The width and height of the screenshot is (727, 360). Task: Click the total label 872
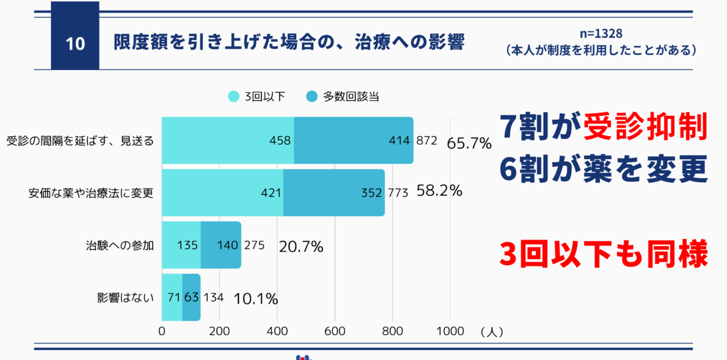[426, 141]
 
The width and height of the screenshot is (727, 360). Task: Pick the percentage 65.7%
[469, 143]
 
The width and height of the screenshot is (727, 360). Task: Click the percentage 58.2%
[439, 191]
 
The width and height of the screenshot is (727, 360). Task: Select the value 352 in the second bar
[371, 193]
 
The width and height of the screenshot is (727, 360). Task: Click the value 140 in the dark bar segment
[229, 246]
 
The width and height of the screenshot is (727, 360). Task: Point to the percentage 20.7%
[301, 247]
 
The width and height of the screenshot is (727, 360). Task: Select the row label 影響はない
[124, 298]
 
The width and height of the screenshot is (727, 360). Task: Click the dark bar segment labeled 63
[191, 298]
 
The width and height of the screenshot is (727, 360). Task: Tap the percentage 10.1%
[256, 299]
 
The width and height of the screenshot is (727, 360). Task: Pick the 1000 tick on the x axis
[450, 331]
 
